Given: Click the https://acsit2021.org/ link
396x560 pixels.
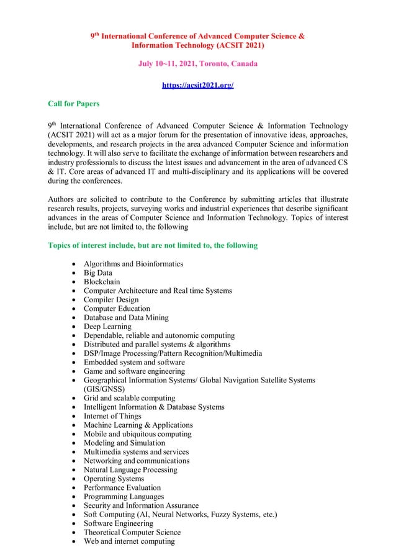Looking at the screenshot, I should coord(197,84).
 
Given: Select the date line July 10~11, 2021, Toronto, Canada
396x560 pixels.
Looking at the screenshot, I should coord(197,64).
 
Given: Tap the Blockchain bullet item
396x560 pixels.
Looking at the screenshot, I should coord(102,282).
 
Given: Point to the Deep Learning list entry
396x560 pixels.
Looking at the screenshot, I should coord(107,327).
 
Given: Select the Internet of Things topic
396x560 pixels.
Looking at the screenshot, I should coord(112,416).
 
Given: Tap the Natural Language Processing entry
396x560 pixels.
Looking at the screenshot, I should coord(130,470).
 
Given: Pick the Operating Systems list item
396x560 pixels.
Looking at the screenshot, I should coord(114,479).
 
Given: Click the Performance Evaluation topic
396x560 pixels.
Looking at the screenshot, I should coord(122,488).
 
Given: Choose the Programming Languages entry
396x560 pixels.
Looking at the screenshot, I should coord(124,497).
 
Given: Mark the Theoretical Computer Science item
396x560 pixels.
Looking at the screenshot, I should coord(132,533).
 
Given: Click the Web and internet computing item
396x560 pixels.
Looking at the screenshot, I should coord(129,541).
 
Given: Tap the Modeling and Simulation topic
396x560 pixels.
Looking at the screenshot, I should coord(124,443).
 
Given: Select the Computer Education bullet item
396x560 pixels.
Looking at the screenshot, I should coord(117,309).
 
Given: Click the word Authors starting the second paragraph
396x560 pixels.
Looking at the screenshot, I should coord(62,200).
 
